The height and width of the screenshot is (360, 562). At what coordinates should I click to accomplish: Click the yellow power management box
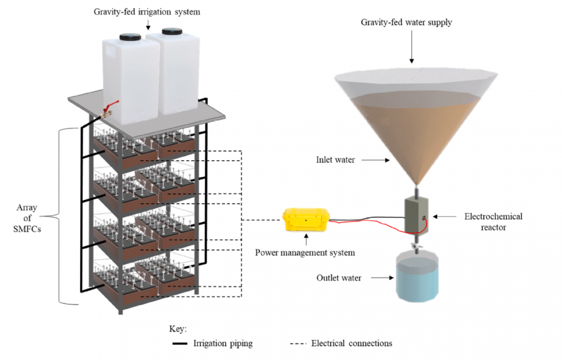(x=305, y=220)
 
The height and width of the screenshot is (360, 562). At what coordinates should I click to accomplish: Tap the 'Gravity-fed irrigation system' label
(x=147, y=11)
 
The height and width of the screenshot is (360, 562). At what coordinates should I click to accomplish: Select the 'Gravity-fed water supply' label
(x=406, y=22)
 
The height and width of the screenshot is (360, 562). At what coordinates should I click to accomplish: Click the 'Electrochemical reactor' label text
(x=493, y=221)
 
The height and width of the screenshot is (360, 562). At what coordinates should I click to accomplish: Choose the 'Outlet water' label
(x=339, y=278)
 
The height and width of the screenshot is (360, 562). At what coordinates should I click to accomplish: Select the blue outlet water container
(x=417, y=277)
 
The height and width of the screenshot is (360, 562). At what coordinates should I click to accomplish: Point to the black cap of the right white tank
(x=171, y=30)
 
